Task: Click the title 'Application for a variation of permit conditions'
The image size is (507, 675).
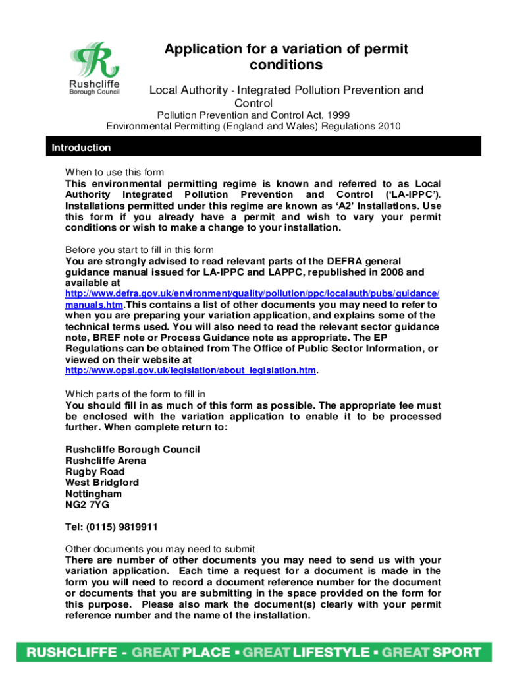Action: pyautogui.click(x=286, y=57)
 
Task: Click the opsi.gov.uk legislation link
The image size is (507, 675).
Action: pyautogui.click(x=190, y=371)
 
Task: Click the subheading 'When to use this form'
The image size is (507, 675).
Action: pyautogui.click(x=114, y=173)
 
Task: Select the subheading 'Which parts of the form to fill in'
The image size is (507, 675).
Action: pyautogui.click(x=135, y=394)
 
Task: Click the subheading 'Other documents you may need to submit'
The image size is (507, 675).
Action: pyautogui.click(x=160, y=549)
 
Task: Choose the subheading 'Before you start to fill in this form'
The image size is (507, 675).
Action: pyautogui.click(x=139, y=250)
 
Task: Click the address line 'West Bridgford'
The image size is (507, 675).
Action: pyautogui.click(x=102, y=483)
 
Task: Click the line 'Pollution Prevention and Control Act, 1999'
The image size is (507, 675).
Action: pyautogui.click(x=253, y=115)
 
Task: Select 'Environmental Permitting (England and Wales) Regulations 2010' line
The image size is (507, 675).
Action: pyautogui.click(x=253, y=126)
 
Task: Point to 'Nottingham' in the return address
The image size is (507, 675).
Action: pyautogui.click(x=93, y=494)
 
